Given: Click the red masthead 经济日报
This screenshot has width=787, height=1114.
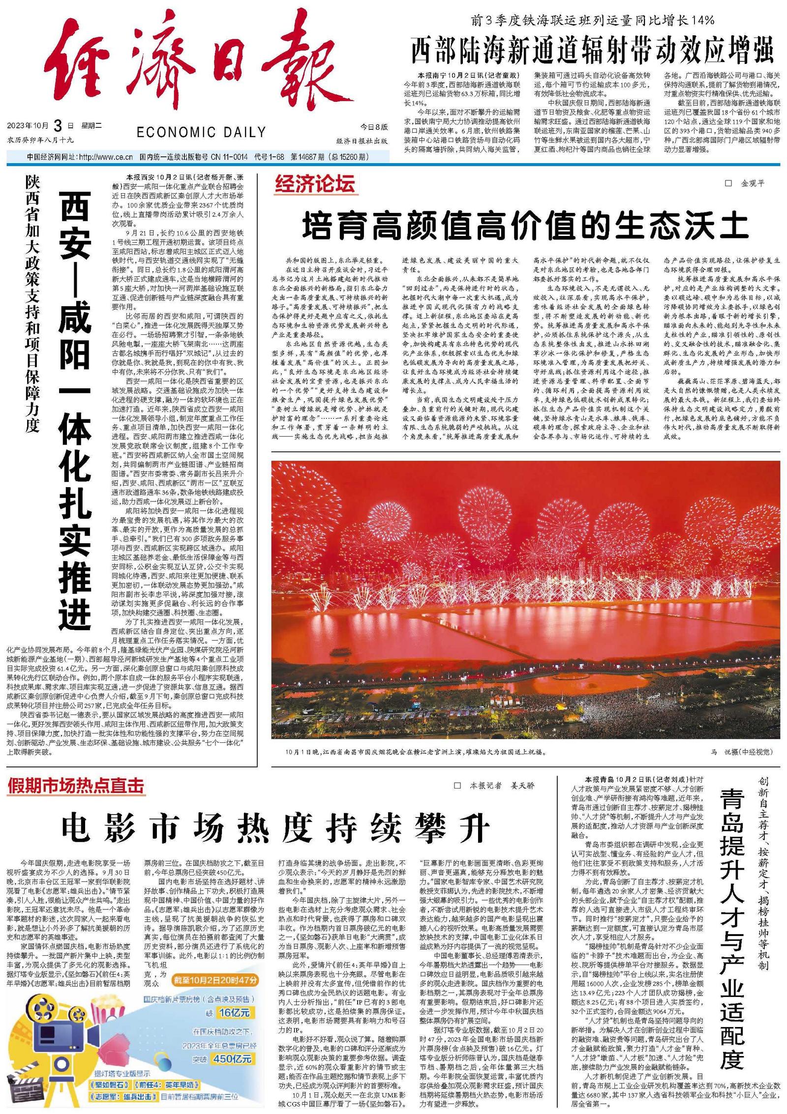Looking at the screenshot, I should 197,61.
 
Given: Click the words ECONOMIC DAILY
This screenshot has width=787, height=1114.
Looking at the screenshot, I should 201,132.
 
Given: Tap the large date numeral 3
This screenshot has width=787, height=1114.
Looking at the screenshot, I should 58,126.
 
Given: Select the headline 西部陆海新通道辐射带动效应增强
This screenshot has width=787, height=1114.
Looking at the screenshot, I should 592,50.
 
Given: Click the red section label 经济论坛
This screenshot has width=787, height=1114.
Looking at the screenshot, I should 315,184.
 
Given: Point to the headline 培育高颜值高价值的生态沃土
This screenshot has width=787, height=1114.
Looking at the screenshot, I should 525,226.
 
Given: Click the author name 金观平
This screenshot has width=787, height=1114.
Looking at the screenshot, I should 753,183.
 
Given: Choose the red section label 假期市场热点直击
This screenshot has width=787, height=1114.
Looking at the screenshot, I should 76,786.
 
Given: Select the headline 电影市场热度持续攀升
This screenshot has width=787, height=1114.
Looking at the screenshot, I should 275,828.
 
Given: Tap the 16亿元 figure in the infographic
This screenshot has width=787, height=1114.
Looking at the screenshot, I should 235,1013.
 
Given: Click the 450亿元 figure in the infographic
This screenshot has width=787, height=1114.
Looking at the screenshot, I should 234,1058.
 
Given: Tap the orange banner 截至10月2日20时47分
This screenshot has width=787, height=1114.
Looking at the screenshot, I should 215,980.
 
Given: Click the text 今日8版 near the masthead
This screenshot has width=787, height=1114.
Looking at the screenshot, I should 374,127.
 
